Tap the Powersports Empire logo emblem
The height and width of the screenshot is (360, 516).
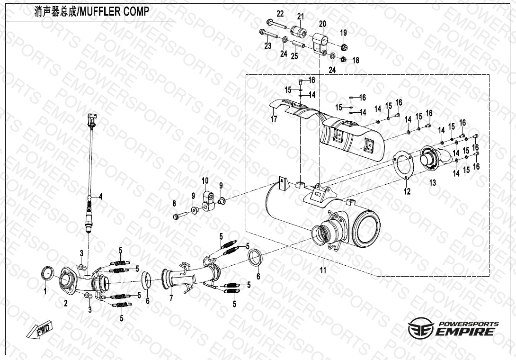click(420, 328)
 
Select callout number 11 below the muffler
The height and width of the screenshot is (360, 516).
click(323, 270)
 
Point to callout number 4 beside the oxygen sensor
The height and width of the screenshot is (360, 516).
click(101, 197)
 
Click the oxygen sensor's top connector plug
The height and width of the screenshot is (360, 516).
click(92, 120)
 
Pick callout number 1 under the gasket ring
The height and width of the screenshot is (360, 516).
click(45, 291)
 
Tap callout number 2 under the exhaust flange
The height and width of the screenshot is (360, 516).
click(66, 303)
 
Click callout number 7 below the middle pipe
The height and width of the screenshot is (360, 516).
click(171, 298)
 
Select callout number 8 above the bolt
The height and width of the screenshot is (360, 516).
click(174, 204)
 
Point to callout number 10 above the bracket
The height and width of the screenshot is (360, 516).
click(205, 181)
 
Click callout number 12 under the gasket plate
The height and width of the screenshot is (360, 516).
click(408, 191)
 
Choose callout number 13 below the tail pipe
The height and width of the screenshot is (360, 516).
click(433, 182)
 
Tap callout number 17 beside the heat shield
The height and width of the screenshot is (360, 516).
click(274, 119)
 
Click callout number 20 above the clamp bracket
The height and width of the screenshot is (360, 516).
click(322, 24)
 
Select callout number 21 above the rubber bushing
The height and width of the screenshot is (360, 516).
click(301, 17)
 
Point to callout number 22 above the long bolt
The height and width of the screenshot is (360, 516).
click(280, 14)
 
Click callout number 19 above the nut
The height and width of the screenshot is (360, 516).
click(343, 33)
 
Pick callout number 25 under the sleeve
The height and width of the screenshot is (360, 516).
click(294, 56)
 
